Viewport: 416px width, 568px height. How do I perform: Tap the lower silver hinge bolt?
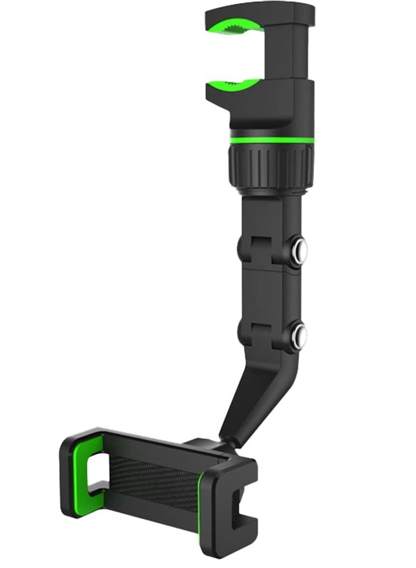click(299, 331)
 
